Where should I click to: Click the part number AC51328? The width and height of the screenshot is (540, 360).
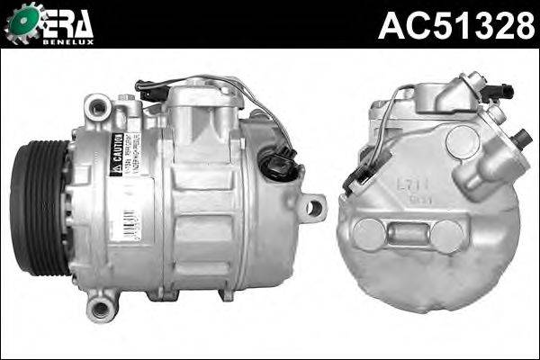click(455, 24)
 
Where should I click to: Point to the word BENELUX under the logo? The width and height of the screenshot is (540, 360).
click(70, 41)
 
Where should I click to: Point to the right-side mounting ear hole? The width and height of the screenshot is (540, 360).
click(313, 208)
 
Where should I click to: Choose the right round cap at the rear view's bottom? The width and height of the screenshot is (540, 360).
click(447, 236)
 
